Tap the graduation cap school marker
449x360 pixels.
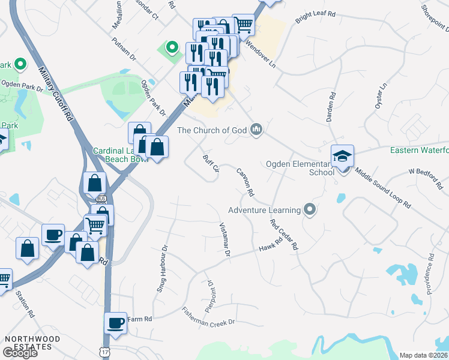[343, 156]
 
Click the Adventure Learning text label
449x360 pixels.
[264, 210]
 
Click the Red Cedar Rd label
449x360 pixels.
[284, 235]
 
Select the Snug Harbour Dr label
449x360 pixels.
[162, 267]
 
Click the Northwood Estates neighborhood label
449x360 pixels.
[32, 343]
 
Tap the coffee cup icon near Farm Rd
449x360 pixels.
[115, 323]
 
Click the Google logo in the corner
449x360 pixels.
[20, 353]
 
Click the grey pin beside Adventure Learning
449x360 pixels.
[309, 209]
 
